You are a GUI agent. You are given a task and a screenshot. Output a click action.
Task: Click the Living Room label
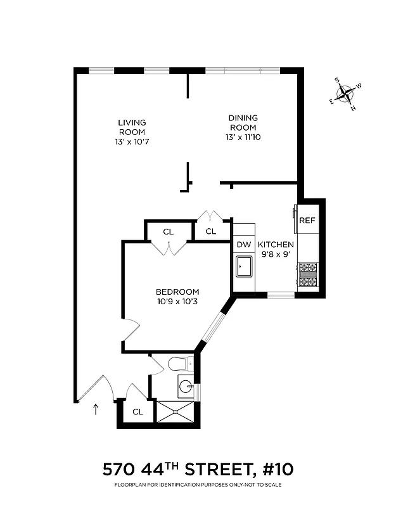tap(132, 127)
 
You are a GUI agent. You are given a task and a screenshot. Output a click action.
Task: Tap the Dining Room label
tap(243, 122)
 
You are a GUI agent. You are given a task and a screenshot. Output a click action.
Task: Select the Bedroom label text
tap(177, 292)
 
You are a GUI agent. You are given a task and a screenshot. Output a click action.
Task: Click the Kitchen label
tap(276, 245)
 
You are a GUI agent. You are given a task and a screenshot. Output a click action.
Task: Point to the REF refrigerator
tap(307, 221)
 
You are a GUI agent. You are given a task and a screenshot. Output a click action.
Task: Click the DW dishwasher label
tap(244, 245)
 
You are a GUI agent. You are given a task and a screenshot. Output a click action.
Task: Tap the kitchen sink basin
tap(244, 267)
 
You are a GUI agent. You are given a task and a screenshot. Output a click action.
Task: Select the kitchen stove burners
tap(308, 275)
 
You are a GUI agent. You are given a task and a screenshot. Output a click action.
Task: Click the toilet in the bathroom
tap(181, 364)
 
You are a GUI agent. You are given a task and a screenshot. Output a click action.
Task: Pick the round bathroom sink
tap(186, 385)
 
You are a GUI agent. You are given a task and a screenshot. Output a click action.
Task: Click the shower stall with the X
tap(175, 412)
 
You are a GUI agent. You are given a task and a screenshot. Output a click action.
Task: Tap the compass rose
tap(346, 95)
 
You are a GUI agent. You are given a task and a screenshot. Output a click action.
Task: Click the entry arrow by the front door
tap(96, 409)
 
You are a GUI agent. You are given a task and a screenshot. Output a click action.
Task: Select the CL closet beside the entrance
tap(137, 412)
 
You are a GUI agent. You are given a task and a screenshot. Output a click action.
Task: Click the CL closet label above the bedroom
tap(168, 231)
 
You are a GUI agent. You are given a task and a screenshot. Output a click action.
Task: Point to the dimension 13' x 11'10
tap(243, 137)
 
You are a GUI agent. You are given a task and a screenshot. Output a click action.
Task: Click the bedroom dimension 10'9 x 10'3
tap(177, 302)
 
